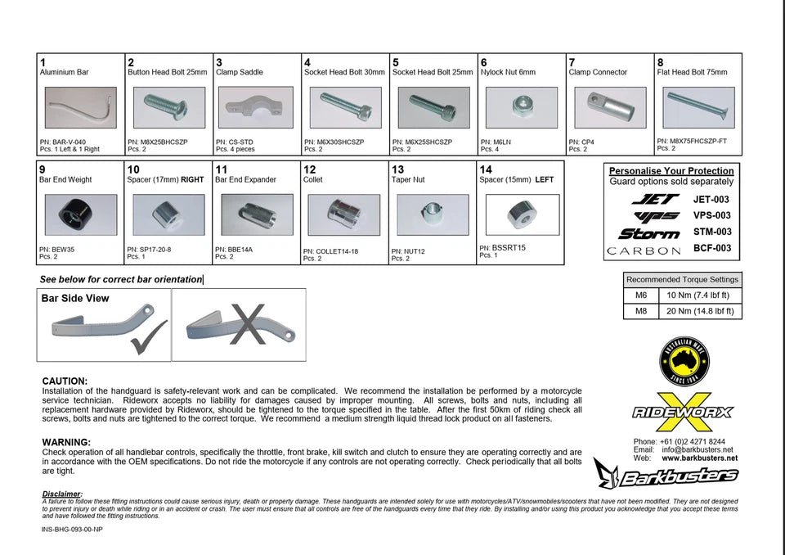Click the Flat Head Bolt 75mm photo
(x=698, y=107)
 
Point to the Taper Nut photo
(x=433, y=215)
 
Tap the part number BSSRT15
(x=509, y=246)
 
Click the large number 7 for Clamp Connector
(x=572, y=62)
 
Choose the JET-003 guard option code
(x=711, y=199)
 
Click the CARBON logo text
(x=644, y=250)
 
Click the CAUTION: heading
(x=65, y=381)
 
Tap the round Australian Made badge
(x=684, y=362)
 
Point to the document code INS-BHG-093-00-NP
(x=72, y=530)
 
